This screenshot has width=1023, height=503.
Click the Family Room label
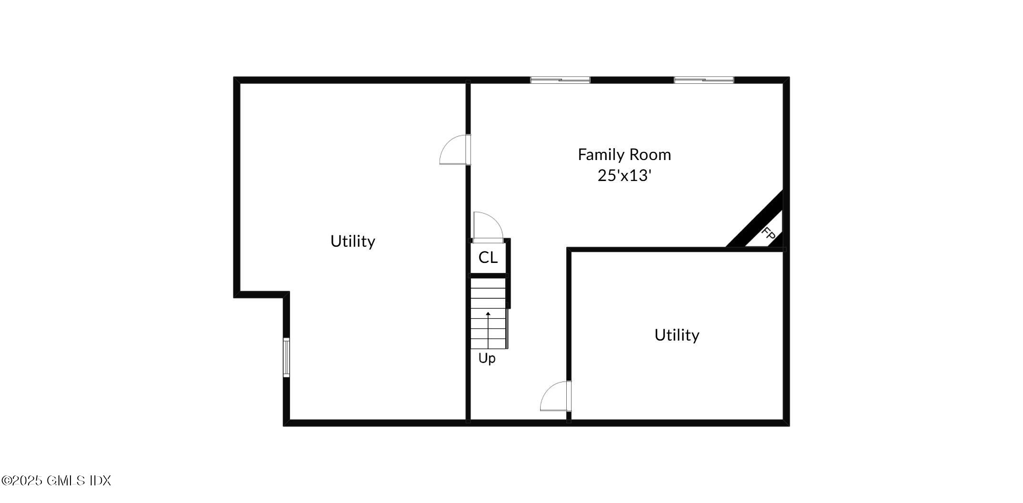(624, 154)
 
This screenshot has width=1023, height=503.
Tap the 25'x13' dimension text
(624, 176)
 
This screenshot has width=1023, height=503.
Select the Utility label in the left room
(352, 241)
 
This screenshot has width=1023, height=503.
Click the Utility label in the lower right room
(676, 335)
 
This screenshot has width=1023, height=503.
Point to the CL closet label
(488, 258)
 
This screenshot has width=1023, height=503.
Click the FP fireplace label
(768, 234)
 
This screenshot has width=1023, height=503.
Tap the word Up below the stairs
(487, 358)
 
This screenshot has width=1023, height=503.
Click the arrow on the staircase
(488, 329)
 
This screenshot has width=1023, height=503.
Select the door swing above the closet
(488, 227)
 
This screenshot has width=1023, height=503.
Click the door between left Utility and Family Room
(455, 150)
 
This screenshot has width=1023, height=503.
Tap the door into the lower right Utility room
(556, 396)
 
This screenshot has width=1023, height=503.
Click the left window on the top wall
(560, 80)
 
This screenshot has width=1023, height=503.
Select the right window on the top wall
(703, 80)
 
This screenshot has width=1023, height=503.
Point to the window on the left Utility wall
(286, 357)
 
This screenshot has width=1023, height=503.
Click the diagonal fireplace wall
(755, 219)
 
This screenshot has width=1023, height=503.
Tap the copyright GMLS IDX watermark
(56, 480)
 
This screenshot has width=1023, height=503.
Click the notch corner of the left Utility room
(287, 294)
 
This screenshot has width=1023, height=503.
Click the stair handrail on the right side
(508, 329)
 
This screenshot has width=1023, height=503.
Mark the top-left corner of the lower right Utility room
(569, 250)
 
